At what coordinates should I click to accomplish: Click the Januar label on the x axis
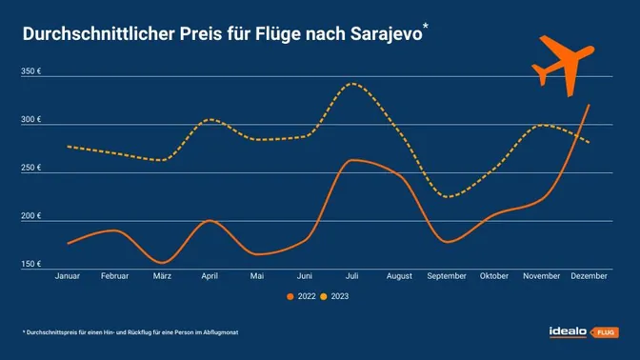pyautogui.click(x=68, y=276)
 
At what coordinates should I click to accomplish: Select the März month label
pyautogui.click(x=162, y=276)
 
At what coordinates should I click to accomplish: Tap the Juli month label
pyautogui.click(x=352, y=276)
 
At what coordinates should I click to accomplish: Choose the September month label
pyautogui.click(x=447, y=276)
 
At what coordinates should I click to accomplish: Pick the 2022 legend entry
pyautogui.click(x=301, y=297)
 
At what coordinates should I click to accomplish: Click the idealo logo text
pyautogui.click(x=569, y=331)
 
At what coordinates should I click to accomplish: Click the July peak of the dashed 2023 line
pyautogui.click(x=353, y=84)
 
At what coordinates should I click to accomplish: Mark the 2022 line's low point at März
pyautogui.click(x=163, y=262)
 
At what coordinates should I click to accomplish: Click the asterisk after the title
pyautogui.click(x=425, y=27)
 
